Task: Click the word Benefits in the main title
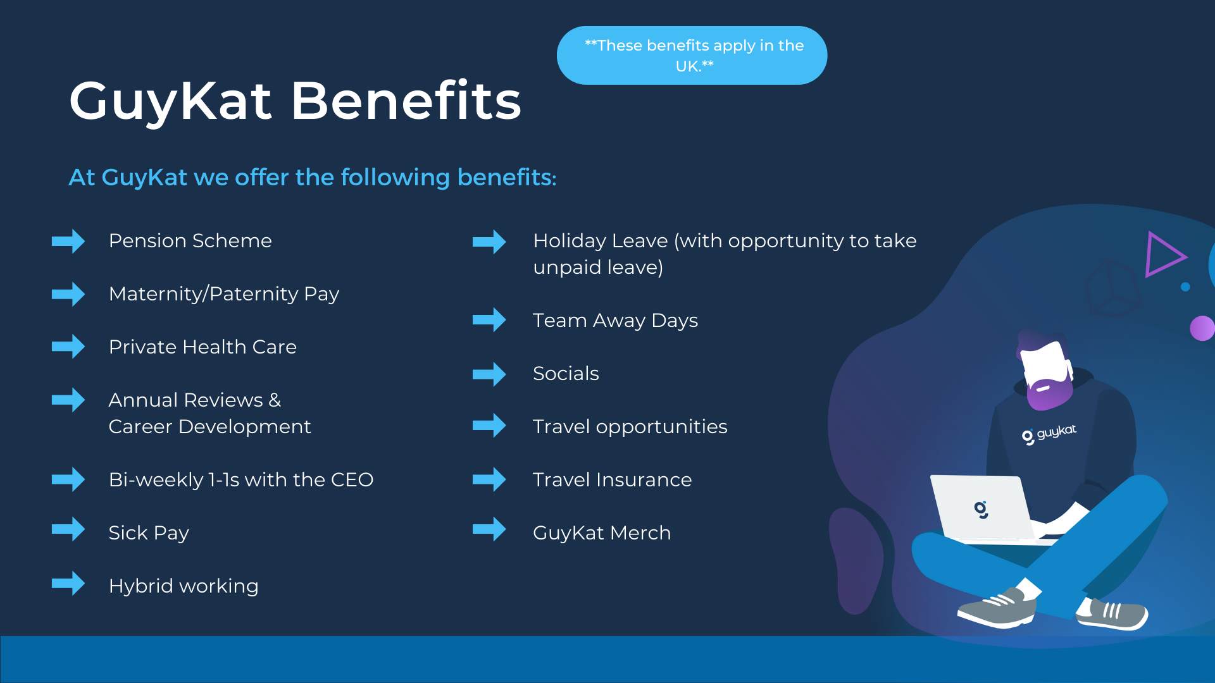pyautogui.click(x=406, y=101)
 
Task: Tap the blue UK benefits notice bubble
pyautogui.click(x=692, y=55)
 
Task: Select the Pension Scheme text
pyautogui.click(x=190, y=241)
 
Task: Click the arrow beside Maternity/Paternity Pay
pyautogui.click(x=68, y=294)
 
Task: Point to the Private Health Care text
pyautogui.click(x=202, y=347)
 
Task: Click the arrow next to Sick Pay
pyautogui.click(x=68, y=529)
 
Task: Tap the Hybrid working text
pyautogui.click(x=184, y=586)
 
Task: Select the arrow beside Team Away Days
pyautogui.click(x=489, y=320)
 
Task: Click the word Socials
pyautogui.click(x=566, y=374)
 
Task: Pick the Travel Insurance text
pyautogui.click(x=613, y=480)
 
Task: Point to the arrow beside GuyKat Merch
pyautogui.click(x=489, y=529)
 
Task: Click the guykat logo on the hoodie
pyautogui.click(x=1049, y=434)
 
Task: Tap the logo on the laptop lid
pyautogui.click(x=981, y=509)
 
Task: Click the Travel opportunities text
pyautogui.click(x=630, y=427)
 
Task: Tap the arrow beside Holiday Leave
pyautogui.click(x=489, y=242)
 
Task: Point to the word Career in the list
pyautogui.click(x=140, y=427)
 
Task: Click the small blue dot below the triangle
pyautogui.click(x=1185, y=287)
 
